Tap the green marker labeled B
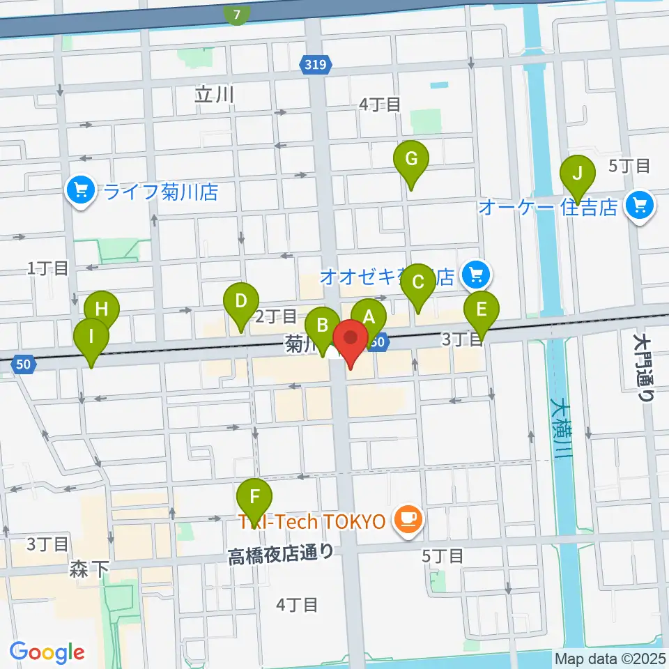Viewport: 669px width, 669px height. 323,325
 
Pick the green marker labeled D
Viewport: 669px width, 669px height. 240,302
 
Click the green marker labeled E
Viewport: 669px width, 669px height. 481,309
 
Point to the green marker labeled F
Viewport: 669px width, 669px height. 255,498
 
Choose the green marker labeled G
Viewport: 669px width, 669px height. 411,160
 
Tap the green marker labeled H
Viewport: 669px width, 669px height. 102,309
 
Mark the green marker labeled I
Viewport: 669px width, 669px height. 91,337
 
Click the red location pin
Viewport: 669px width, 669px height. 351,339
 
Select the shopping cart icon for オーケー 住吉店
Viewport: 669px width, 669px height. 638,206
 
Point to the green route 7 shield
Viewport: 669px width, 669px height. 238,14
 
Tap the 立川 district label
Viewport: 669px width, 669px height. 214,95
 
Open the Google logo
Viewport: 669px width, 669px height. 47,652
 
